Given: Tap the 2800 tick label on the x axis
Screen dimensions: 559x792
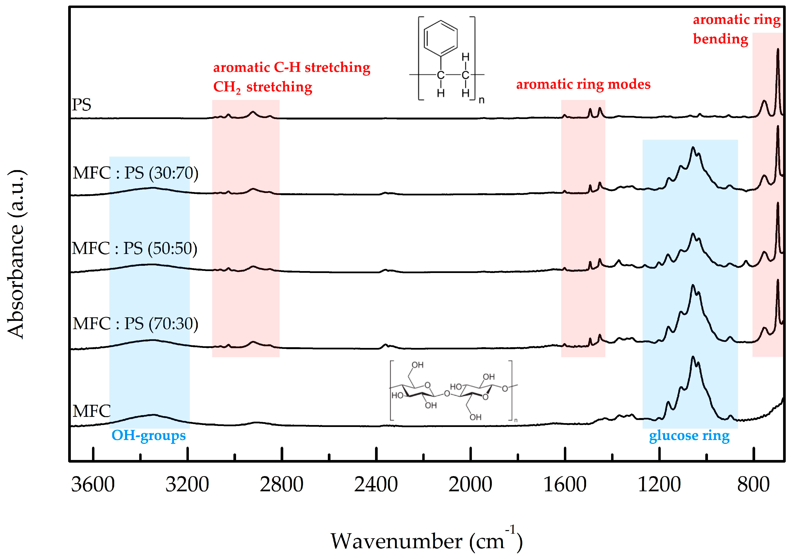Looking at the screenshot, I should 282,485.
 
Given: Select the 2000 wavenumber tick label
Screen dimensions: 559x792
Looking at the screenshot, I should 470,485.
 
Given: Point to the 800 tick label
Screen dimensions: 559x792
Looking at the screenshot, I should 753,485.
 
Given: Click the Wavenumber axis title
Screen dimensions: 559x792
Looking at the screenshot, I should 426,541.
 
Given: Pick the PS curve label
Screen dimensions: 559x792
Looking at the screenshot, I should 81,105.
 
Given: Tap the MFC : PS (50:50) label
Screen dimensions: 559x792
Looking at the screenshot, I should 135,248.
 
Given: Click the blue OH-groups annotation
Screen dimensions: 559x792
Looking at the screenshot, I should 148,435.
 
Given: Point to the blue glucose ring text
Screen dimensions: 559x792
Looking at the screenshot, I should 689,436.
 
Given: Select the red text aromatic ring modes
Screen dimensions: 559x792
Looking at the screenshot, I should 583,84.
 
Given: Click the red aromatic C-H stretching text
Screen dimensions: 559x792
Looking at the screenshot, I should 291,67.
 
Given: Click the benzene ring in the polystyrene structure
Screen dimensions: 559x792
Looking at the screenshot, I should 441,38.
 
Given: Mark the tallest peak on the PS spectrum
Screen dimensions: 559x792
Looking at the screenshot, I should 778,49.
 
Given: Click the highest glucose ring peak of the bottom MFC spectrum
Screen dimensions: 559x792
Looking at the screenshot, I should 693,357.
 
